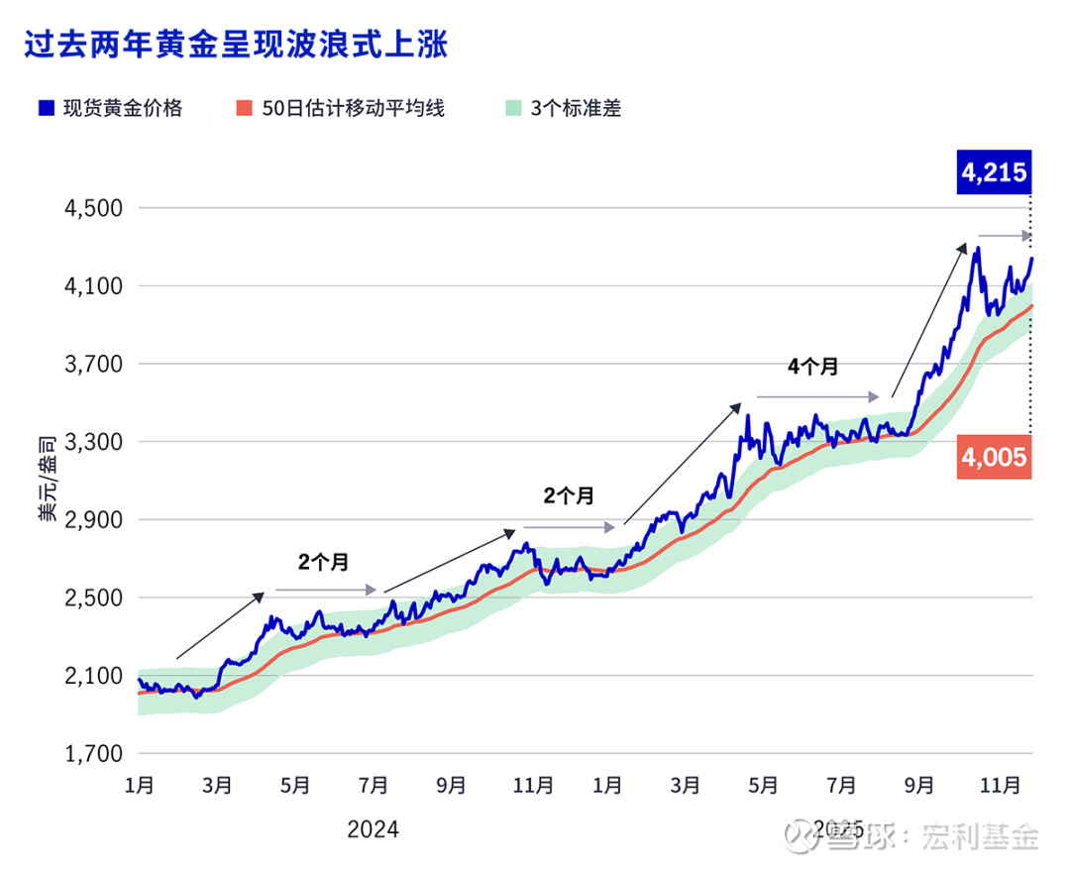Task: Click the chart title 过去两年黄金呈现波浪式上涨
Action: [236, 45]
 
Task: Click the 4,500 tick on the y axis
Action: [92, 208]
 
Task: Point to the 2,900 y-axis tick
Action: [92, 519]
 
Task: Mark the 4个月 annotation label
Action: [812, 367]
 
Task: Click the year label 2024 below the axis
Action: [373, 829]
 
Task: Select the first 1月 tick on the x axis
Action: [140, 786]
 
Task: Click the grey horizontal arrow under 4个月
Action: [817, 396]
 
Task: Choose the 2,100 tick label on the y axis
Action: [92, 676]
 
